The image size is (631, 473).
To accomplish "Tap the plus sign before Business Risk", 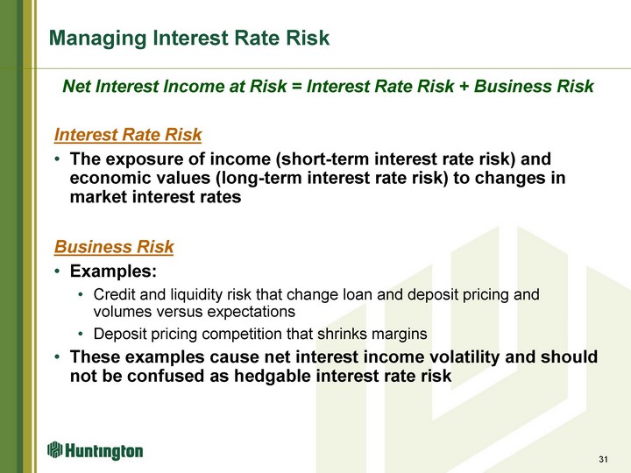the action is (464, 87).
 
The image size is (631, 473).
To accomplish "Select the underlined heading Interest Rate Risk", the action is (128, 135).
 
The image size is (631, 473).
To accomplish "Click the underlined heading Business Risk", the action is (114, 246).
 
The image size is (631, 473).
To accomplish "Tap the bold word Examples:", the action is (113, 272).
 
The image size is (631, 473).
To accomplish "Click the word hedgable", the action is (272, 377).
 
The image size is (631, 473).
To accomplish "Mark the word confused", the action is (165, 377).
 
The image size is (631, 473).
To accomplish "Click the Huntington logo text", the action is (103, 451).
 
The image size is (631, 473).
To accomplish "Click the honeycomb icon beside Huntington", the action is (55, 449).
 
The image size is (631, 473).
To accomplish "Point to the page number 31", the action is (603, 459).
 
